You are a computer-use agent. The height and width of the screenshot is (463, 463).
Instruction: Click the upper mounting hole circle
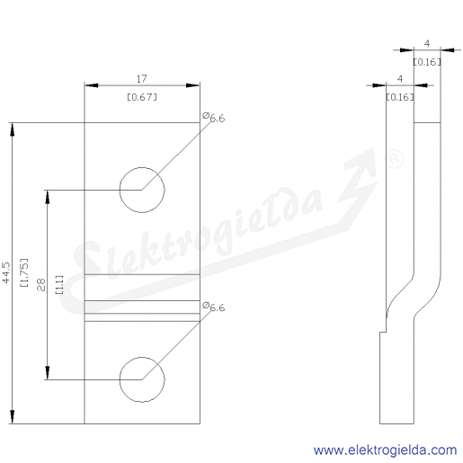(x=120, y=190)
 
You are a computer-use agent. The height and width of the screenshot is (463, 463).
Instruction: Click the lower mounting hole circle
(x=120, y=379)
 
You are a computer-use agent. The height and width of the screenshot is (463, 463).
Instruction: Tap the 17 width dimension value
(x=141, y=79)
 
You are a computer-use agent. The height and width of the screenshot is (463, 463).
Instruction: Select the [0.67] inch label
(x=142, y=97)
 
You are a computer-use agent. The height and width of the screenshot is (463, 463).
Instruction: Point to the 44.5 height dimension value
(x=6, y=272)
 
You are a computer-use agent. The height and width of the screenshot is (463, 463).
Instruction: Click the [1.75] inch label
(x=24, y=272)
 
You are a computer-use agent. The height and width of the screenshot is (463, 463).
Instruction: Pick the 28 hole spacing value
(x=41, y=285)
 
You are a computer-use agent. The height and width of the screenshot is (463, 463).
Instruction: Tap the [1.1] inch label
(x=59, y=285)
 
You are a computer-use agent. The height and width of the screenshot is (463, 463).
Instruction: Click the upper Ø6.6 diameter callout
(x=214, y=118)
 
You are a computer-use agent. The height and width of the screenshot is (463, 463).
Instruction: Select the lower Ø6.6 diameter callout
(x=214, y=307)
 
